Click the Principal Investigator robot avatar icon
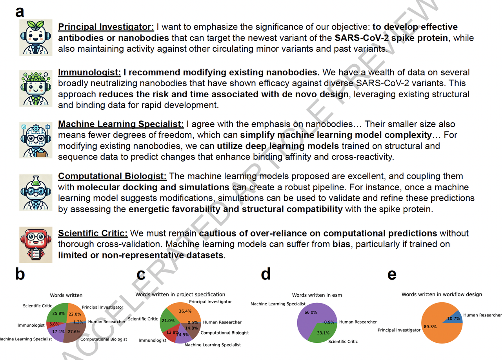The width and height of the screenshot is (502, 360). coord(36,37)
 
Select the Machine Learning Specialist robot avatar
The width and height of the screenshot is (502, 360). coord(36,140)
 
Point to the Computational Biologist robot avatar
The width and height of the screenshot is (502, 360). coord(36,192)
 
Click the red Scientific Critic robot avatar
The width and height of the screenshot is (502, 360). coord(36,244)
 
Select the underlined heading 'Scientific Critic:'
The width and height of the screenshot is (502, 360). coord(93,233)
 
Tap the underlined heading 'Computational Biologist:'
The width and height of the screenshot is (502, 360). coord(112,176)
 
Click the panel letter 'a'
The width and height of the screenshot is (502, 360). coord(20,12)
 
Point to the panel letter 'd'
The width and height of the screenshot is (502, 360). coord(266,275)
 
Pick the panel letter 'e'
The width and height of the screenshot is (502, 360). coord(391,275)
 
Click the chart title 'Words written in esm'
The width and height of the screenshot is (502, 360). coord(317,295)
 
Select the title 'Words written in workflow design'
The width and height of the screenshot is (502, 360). coord(442,295)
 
